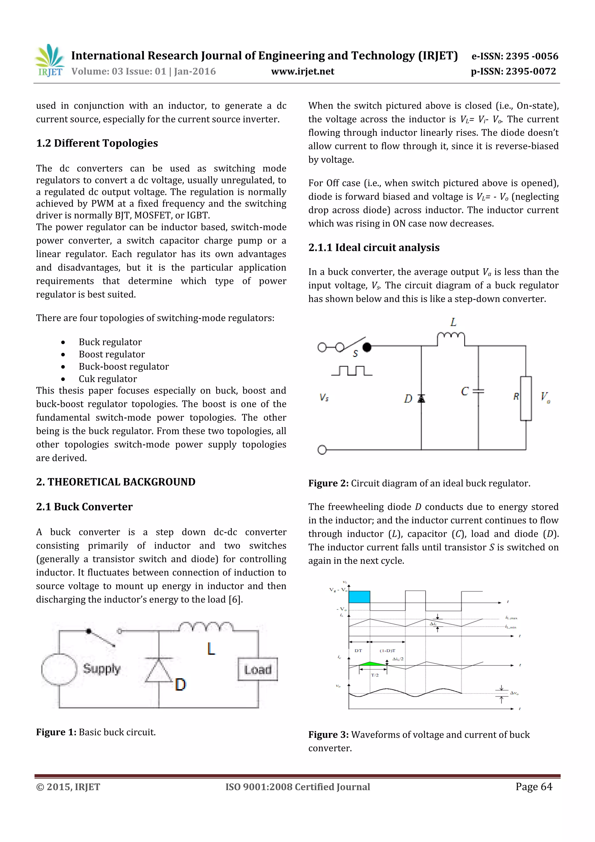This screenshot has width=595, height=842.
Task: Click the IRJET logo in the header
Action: click(x=49, y=60)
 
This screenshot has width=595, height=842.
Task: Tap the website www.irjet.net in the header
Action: click(x=302, y=71)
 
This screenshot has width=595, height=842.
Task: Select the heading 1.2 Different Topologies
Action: click(x=97, y=143)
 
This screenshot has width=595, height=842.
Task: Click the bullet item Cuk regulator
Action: click(x=108, y=378)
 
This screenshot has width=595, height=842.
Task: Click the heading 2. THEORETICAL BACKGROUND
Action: click(x=115, y=482)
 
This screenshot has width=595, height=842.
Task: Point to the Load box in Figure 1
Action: click(x=258, y=669)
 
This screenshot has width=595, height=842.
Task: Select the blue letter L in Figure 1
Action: click(x=211, y=649)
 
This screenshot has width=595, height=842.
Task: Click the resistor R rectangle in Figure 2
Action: click(x=526, y=398)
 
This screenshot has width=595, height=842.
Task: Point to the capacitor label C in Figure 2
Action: click(x=465, y=391)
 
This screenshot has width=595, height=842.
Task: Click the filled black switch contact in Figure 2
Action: click(x=367, y=347)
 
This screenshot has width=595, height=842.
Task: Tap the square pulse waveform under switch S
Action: click(x=352, y=371)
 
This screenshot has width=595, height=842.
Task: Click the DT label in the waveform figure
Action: click(x=358, y=650)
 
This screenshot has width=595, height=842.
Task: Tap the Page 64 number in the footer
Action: click(x=533, y=786)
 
